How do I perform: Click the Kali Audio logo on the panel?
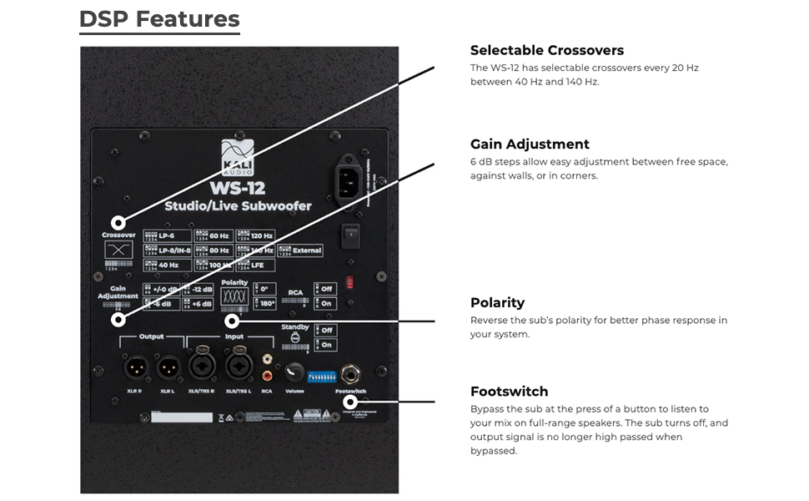tap(237, 157)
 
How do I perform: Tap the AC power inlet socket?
tap(351, 177)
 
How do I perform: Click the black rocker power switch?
tap(351, 235)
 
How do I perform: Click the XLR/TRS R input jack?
tap(200, 367)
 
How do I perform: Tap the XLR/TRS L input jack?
tap(237, 367)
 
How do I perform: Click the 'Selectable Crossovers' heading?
tap(546, 50)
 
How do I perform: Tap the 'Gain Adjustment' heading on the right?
tap(530, 144)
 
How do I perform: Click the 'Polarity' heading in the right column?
tap(497, 302)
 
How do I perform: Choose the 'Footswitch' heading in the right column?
tap(509, 392)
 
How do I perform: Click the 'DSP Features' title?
tap(159, 19)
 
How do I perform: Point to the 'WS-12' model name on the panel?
tap(237, 187)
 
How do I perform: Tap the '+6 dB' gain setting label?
tap(202, 304)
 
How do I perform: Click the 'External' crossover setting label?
tap(305, 250)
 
